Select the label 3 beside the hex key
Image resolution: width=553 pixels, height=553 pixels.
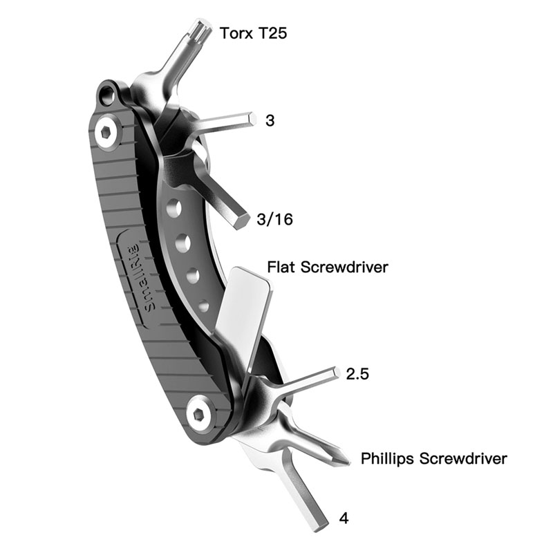coord(270,120)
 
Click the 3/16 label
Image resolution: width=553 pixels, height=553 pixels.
coord(272,220)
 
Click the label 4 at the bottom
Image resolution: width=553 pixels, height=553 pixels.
coord(344,517)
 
